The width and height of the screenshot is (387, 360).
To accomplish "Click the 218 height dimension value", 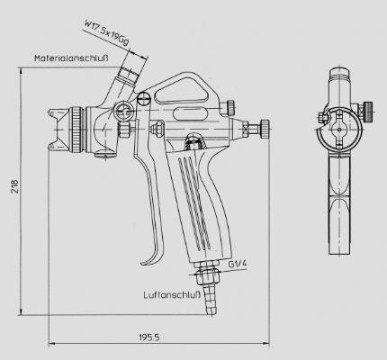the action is (14, 186).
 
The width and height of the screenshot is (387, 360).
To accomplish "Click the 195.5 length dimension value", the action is (149, 337).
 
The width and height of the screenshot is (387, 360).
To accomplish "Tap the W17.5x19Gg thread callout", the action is (107, 32).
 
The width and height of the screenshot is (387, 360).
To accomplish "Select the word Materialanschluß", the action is (71, 58).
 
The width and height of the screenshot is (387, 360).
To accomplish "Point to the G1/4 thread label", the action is (238, 264).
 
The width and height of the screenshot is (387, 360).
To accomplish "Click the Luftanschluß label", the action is (172, 295).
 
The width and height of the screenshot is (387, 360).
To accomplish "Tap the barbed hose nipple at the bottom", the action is (210, 300).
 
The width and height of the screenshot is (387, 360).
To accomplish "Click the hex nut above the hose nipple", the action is (208, 276).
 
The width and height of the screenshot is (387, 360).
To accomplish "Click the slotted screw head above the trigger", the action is (143, 98).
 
